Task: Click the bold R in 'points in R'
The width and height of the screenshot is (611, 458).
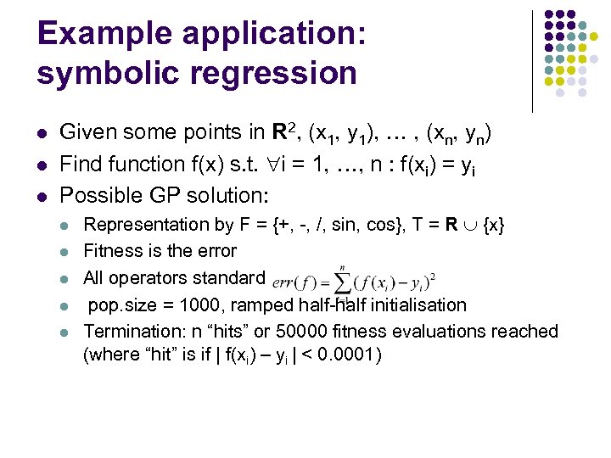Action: click(279, 132)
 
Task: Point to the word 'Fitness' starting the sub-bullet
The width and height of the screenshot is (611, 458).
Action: click(112, 251)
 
